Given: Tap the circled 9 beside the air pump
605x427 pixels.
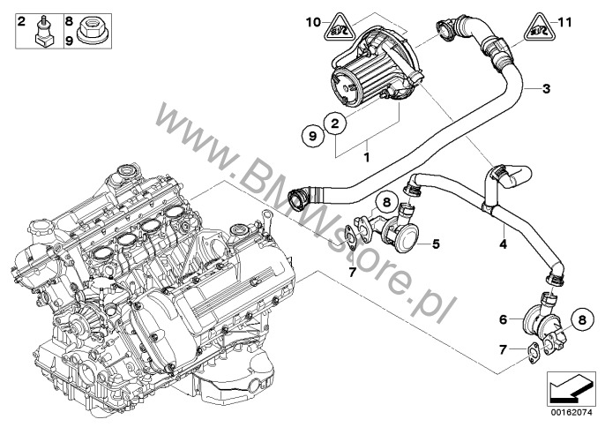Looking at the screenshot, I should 310,136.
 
